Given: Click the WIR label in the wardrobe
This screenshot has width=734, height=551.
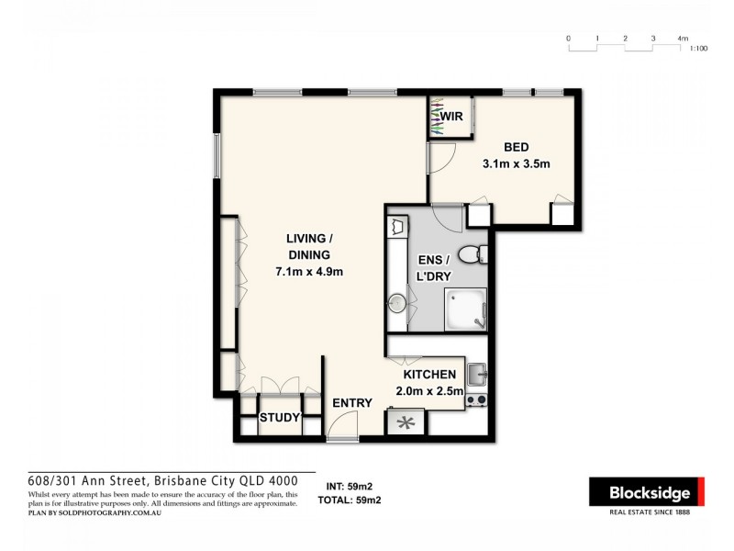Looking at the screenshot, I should coord(450,118).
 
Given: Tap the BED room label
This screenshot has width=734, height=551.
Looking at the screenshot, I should coord(516,147).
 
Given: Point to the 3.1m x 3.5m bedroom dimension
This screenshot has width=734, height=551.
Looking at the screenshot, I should coord(516,165).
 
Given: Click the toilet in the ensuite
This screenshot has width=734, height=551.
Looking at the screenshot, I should coord(470,254).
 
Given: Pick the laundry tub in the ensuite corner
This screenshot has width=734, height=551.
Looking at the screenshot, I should coord(397,226).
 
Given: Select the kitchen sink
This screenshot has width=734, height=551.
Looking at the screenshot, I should coord(477,375).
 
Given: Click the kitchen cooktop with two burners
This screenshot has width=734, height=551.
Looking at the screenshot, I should coord(477,400).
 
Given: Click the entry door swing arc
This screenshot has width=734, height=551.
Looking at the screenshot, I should coord(341,423).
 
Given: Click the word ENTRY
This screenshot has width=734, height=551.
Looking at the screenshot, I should coord(352,403).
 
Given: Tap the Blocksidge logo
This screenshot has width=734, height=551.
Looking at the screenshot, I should coord(650,493).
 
